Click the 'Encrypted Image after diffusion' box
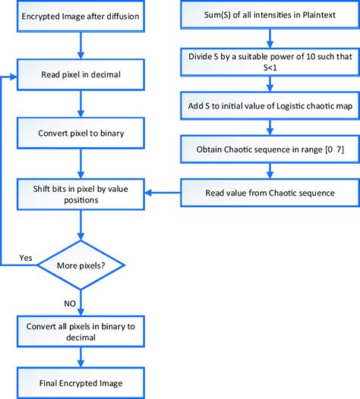pyautogui.click(x=80, y=17)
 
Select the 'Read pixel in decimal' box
pyautogui.click(x=80, y=75)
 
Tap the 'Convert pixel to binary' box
pyautogui.click(x=80, y=134)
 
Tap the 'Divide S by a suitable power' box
pyautogui.click(x=269, y=61)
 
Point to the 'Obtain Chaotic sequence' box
pyautogui.click(x=269, y=149)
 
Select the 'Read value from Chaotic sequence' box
pyautogui.click(x=269, y=192)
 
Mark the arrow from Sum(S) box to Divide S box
pyautogui.click(x=269, y=38)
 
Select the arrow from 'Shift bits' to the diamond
pyautogui.click(x=80, y=225)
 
